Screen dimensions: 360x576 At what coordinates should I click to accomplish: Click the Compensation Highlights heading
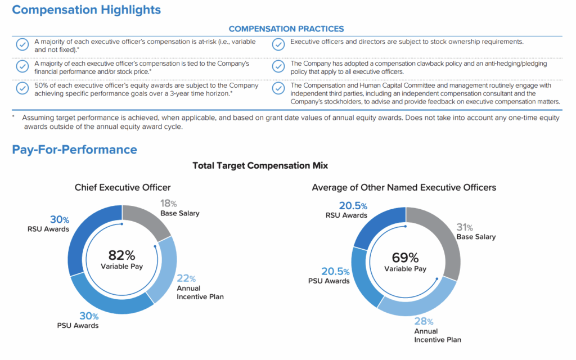point(86,10)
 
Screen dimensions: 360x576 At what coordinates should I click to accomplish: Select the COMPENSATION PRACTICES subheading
point(286,29)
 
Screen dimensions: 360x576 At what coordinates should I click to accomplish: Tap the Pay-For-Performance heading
point(74,150)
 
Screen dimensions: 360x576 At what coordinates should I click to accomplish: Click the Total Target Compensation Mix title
point(260,165)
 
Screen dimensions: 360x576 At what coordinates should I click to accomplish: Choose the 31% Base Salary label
point(476,232)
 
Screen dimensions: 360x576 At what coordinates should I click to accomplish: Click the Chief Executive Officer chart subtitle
point(123,187)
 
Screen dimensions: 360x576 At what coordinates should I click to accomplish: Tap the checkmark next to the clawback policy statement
point(278,66)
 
